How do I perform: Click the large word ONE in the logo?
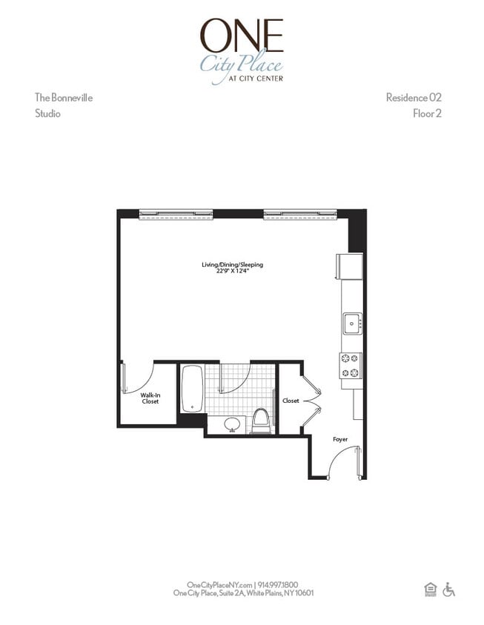click(x=242, y=35)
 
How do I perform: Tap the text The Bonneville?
click(x=64, y=98)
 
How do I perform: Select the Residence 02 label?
click(x=414, y=98)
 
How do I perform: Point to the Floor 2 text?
click(x=428, y=113)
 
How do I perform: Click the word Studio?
click(x=48, y=113)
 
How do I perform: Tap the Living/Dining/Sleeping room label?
click(x=233, y=264)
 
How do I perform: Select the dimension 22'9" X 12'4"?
click(x=233, y=271)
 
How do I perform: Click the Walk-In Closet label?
click(x=150, y=398)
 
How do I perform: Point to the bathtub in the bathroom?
click(x=193, y=389)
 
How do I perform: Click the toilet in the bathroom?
click(x=262, y=421)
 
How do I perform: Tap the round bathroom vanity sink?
click(x=232, y=424)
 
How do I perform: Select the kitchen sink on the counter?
click(x=352, y=324)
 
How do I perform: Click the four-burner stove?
click(x=351, y=366)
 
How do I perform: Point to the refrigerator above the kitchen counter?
click(x=350, y=267)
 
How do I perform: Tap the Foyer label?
click(x=340, y=439)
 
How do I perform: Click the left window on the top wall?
click(x=176, y=215)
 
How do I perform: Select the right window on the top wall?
click(x=300, y=215)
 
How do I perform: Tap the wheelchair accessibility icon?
click(x=449, y=589)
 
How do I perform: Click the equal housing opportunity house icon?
click(x=431, y=589)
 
